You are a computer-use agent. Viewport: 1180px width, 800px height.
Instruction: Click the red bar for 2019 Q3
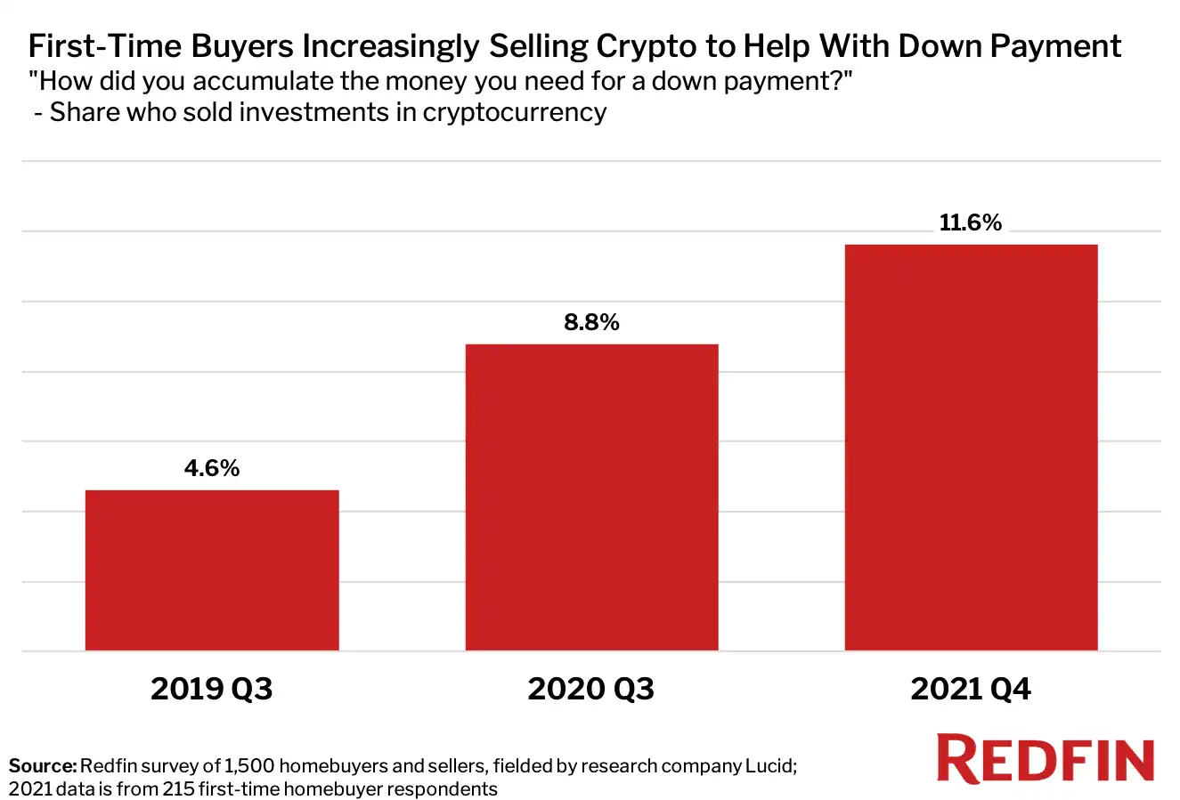pyautogui.click(x=212, y=570)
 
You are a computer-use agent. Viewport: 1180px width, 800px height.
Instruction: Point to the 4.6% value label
pyautogui.click(x=212, y=468)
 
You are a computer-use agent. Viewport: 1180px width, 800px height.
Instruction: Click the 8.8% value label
pyautogui.click(x=591, y=322)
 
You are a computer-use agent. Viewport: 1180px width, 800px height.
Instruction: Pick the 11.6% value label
pyautogui.click(x=971, y=222)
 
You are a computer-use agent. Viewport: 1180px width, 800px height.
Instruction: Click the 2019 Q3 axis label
pyautogui.click(x=212, y=689)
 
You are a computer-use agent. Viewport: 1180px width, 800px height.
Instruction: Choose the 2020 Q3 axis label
pyautogui.click(x=591, y=689)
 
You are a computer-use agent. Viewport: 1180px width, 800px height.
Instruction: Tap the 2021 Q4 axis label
pyautogui.click(x=971, y=689)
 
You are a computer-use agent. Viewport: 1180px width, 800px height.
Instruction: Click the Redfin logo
pyautogui.click(x=1046, y=759)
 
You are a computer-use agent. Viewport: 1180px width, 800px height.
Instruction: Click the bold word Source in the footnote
pyautogui.click(x=42, y=765)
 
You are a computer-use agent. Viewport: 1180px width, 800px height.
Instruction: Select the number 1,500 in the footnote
pyautogui.click(x=248, y=765)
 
